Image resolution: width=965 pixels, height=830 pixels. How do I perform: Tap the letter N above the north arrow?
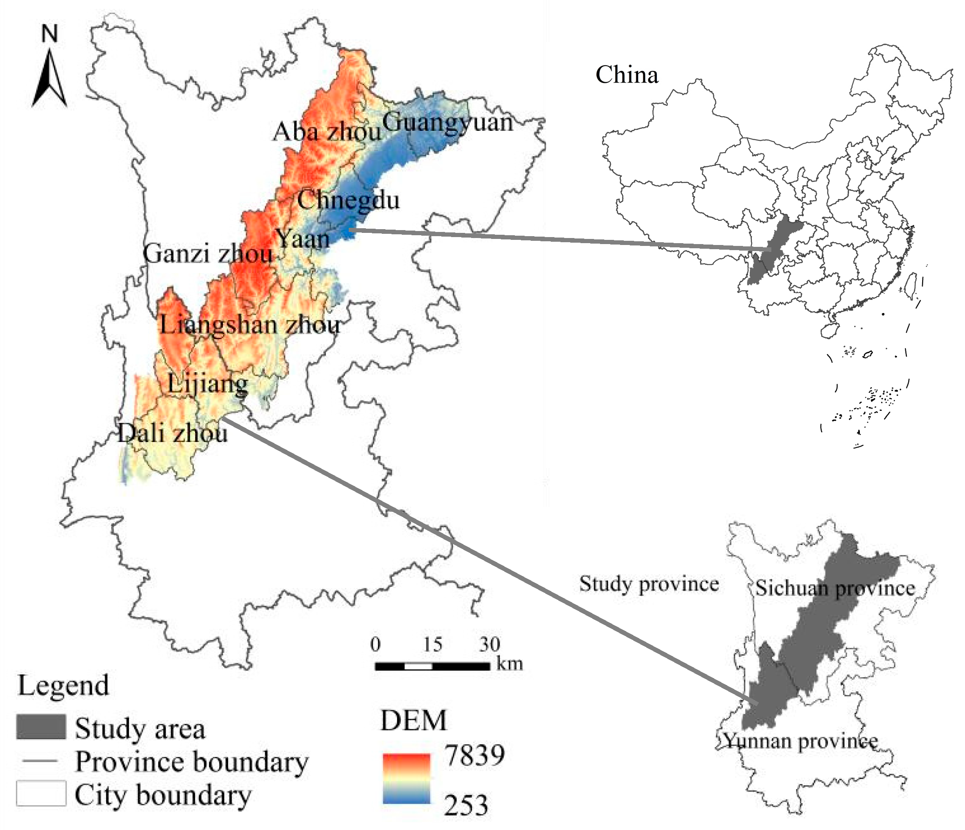[49, 34]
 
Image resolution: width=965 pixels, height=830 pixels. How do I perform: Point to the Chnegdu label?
[348, 200]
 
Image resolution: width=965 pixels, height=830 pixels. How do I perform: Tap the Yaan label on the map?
[303, 239]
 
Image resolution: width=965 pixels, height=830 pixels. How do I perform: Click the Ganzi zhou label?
[208, 254]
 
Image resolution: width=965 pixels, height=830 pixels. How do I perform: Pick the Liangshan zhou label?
[250, 324]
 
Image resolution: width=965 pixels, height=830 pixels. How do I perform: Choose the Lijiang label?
[208, 384]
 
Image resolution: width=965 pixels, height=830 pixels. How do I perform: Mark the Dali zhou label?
[172, 434]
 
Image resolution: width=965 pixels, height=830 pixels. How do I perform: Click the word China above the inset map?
[627, 75]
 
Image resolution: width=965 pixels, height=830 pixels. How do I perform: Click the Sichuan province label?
[835, 588]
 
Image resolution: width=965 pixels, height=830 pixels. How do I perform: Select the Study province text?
[649, 584]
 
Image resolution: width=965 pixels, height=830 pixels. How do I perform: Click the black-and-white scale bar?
[432, 666]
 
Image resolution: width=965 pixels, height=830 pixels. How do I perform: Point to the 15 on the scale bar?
[432, 645]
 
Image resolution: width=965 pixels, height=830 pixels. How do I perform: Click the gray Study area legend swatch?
[41, 728]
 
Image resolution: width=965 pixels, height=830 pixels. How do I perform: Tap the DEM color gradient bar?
[406, 779]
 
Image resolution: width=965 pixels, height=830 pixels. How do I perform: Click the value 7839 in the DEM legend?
[474, 756]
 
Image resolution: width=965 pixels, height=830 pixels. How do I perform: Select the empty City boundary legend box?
[41, 793]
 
